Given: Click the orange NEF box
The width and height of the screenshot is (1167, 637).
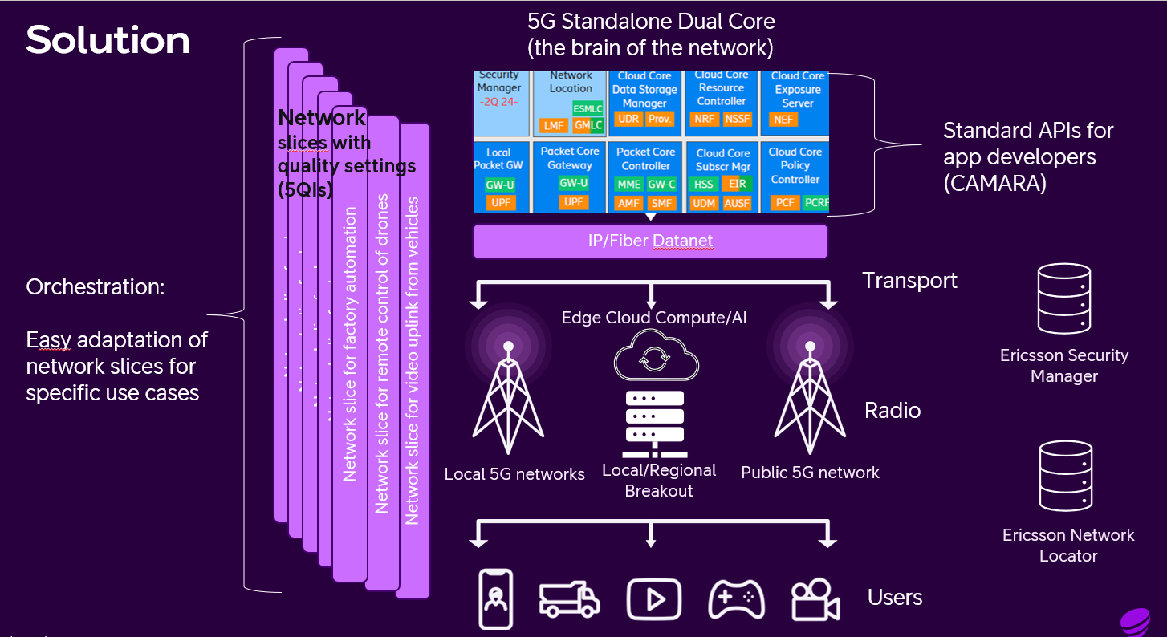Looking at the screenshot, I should [x=783, y=119].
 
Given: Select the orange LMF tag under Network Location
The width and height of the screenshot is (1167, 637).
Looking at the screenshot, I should [x=554, y=125].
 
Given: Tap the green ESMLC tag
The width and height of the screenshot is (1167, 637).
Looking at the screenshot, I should [x=588, y=108].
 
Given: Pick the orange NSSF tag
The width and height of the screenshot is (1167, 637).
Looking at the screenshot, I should [x=737, y=119].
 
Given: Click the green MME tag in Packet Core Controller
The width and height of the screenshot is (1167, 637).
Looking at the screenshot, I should [x=628, y=184].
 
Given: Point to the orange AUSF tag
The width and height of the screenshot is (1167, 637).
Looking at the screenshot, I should [x=737, y=203].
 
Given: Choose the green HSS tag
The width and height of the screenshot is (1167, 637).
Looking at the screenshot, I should [x=703, y=184].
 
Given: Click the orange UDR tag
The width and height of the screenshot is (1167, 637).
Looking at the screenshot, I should [x=627, y=119].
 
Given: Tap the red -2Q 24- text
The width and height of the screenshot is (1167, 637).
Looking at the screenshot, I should [x=498, y=103].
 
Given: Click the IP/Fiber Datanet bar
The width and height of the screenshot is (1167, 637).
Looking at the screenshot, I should [x=650, y=241].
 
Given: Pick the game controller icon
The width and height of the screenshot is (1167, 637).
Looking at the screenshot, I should [x=736, y=599].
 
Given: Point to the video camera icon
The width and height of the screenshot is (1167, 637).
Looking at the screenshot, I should [x=815, y=599].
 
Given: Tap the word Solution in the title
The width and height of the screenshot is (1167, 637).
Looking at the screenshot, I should [x=108, y=40].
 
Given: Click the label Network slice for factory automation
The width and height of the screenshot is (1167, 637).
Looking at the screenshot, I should [x=350, y=344].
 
